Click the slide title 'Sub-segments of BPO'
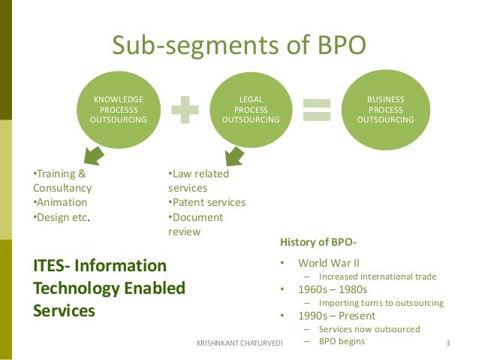coord(239,46)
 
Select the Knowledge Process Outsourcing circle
coord(118,110)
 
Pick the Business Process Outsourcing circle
coord(385,109)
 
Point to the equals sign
coord(318,110)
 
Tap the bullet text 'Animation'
coord(61,202)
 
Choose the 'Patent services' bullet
coord(206,202)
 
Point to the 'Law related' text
coord(198,174)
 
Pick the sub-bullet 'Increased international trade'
coord(377,276)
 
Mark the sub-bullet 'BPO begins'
coord(342,341)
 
